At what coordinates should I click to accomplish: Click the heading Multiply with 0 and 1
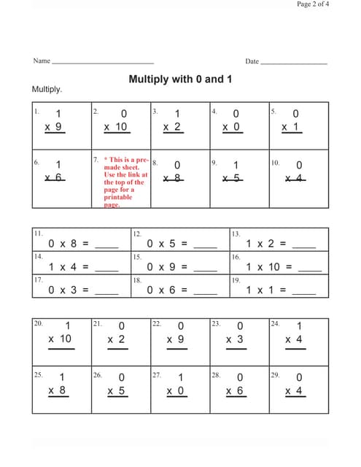point(180,79)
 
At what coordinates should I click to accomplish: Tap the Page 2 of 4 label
point(313,4)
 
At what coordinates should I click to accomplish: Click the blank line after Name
point(102,63)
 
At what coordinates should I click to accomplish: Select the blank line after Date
point(294,63)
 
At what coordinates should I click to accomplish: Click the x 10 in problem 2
point(115,127)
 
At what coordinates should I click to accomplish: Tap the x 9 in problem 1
point(53,127)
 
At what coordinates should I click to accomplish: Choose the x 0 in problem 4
point(230,127)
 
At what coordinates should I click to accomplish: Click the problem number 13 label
point(236,234)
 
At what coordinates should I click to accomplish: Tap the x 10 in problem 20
point(60,339)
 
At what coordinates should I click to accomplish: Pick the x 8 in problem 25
point(56,390)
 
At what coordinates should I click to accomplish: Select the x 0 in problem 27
point(174,390)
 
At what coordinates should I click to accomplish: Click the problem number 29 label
point(275,374)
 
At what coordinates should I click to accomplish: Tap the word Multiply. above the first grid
point(47,89)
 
